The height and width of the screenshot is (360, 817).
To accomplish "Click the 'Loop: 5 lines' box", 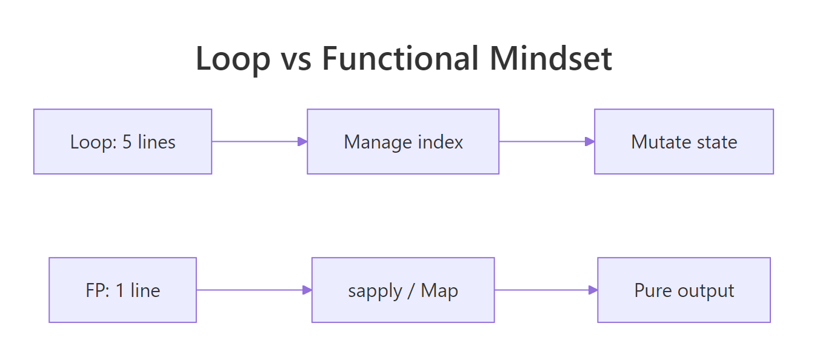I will [x=122, y=142].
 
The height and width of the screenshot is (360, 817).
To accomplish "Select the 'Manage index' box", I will [x=403, y=142].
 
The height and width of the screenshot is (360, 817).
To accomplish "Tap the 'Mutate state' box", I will [x=684, y=142].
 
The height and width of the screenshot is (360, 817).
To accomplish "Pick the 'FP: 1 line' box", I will [x=122, y=290].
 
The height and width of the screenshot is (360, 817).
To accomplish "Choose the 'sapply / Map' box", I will [x=403, y=290].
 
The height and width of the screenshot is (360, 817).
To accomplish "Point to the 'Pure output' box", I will [x=684, y=290].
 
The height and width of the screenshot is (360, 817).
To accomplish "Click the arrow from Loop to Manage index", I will [x=259, y=142].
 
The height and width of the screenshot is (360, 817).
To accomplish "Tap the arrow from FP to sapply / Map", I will [x=254, y=290].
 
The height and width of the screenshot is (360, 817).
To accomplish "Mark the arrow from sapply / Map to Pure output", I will [x=546, y=290].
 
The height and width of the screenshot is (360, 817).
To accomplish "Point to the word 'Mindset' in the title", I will [x=551, y=59].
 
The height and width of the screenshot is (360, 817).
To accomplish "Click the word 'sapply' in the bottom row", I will [x=375, y=291].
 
